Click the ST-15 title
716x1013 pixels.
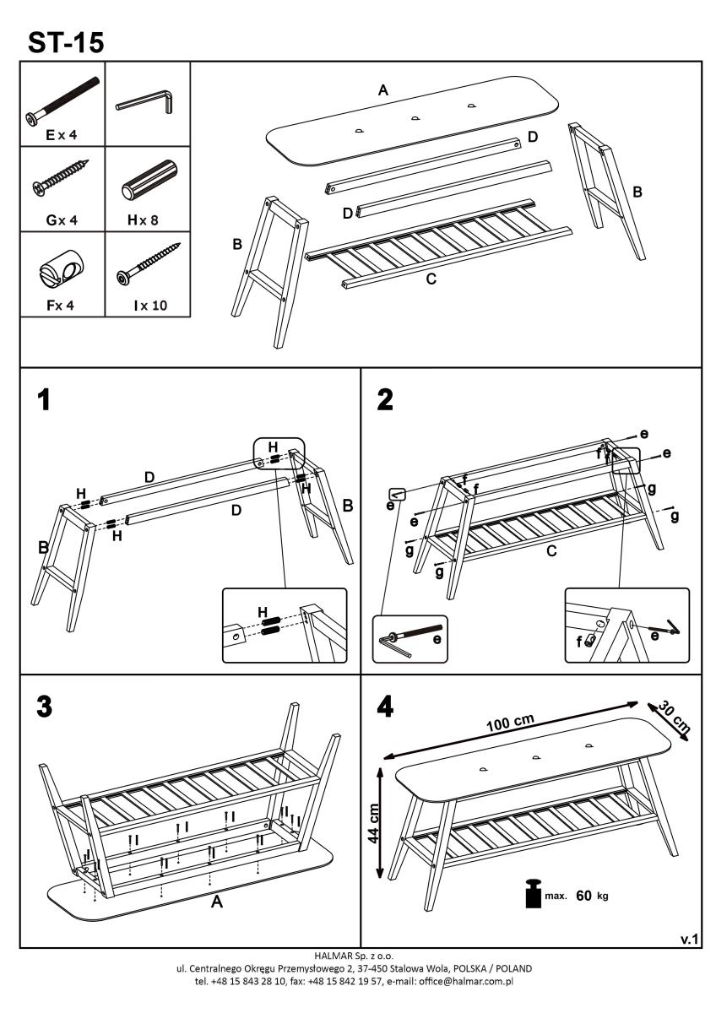click(66, 41)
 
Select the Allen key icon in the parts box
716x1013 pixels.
click(145, 101)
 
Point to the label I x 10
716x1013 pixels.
click(149, 306)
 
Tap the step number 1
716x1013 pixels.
click(43, 400)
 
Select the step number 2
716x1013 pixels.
click(385, 400)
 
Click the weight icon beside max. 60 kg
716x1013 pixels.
click(534, 894)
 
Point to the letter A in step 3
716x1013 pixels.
click(216, 902)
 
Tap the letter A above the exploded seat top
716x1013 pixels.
click(383, 90)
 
